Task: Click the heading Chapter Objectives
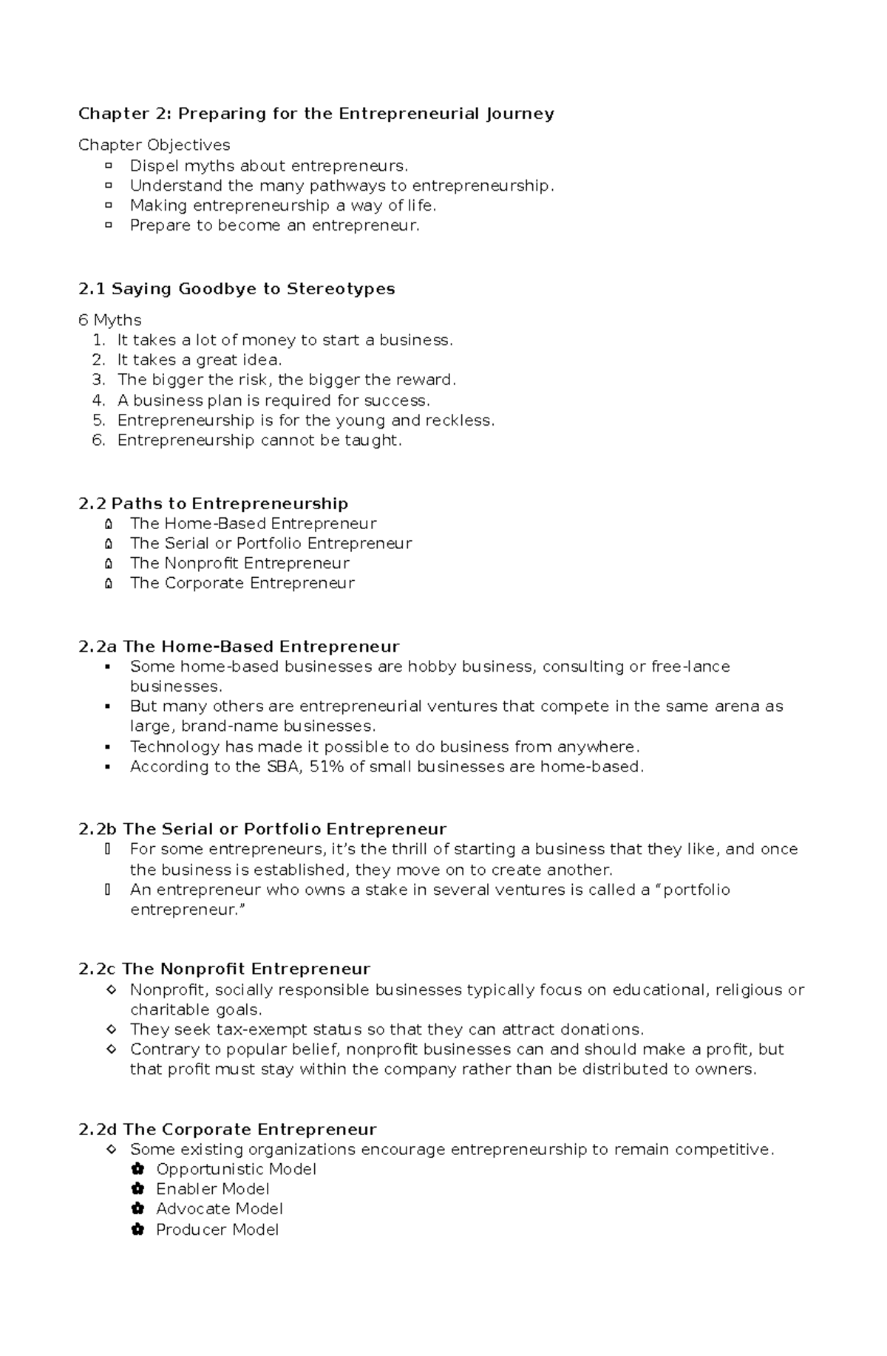tap(154, 145)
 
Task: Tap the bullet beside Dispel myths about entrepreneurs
tap(109, 166)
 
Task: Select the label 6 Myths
tap(109, 320)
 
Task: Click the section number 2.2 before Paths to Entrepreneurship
tap(92, 504)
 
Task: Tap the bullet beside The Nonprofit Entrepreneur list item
tap(109, 564)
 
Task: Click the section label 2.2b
tap(98, 829)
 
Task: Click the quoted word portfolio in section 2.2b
tap(696, 890)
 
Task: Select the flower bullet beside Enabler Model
tap(137, 1189)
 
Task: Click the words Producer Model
tap(217, 1230)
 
